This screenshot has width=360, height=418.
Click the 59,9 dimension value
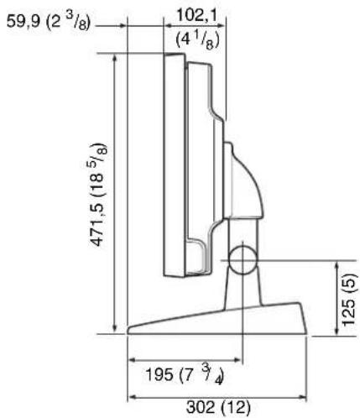coord(23,22)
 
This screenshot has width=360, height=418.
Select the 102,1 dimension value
coord(197,15)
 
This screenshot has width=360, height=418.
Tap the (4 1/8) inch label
coord(197,41)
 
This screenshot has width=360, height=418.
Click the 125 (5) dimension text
coord(350,300)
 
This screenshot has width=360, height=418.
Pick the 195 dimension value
coord(159,374)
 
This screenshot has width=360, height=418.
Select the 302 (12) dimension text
coord(218,408)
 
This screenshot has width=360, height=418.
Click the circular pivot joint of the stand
coord(243,260)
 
